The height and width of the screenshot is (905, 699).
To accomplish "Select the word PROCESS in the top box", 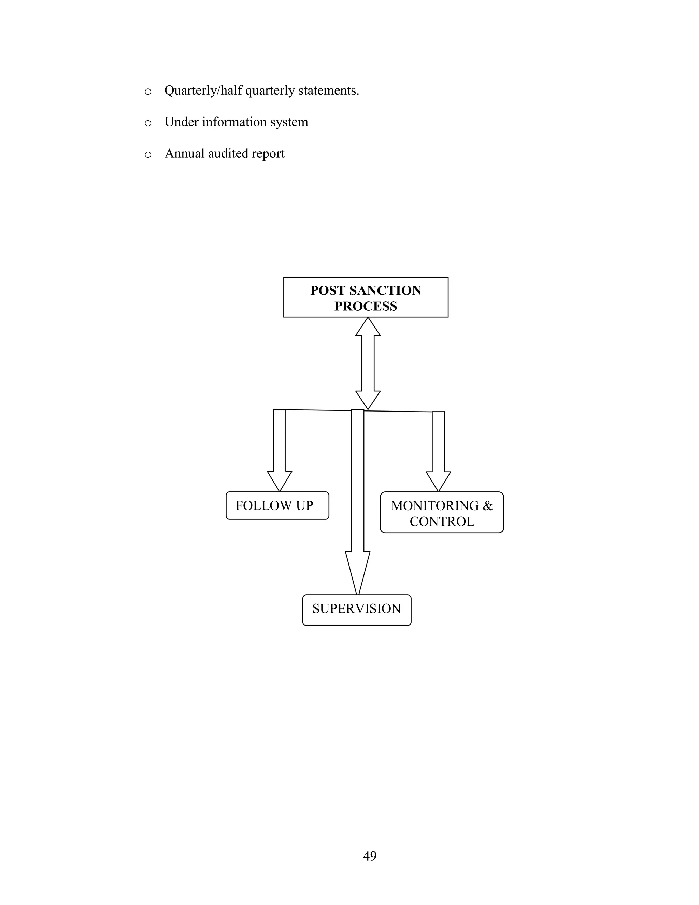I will [366, 306].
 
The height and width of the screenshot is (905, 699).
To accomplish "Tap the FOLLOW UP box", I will [277, 505].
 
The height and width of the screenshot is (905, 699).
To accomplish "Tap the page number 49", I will [369, 856].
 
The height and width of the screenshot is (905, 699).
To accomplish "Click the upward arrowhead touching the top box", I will [368, 328].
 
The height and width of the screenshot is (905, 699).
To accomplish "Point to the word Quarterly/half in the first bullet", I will [203, 90].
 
